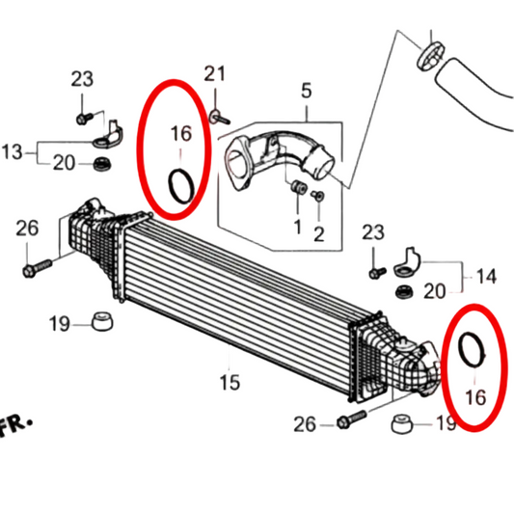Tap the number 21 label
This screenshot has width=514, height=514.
tap(214, 74)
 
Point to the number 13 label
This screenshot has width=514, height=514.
tap(12, 151)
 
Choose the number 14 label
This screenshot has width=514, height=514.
tap(485, 277)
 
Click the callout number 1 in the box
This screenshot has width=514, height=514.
tap(297, 227)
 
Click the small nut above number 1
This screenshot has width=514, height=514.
tap(298, 186)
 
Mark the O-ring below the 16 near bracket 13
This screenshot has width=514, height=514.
tap(180, 185)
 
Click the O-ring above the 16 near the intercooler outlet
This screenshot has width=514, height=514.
tap(472, 351)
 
